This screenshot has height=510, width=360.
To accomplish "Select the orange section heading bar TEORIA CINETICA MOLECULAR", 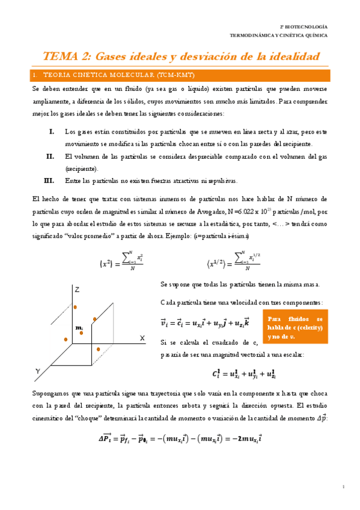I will pyautogui.click(x=180, y=75).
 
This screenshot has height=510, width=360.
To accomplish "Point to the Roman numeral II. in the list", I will pyautogui.click(x=50, y=156).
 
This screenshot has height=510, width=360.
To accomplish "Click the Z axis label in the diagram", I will pyautogui.click(x=77, y=290).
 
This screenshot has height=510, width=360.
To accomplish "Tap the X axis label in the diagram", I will pyautogui.click(x=143, y=339).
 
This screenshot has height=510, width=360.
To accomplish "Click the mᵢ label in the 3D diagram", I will pyautogui.click(x=79, y=327).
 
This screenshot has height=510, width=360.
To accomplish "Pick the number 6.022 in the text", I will pyautogui.click(x=246, y=210).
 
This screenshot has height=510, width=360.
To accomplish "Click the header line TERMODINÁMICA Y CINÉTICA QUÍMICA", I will pyautogui.click(x=279, y=35).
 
